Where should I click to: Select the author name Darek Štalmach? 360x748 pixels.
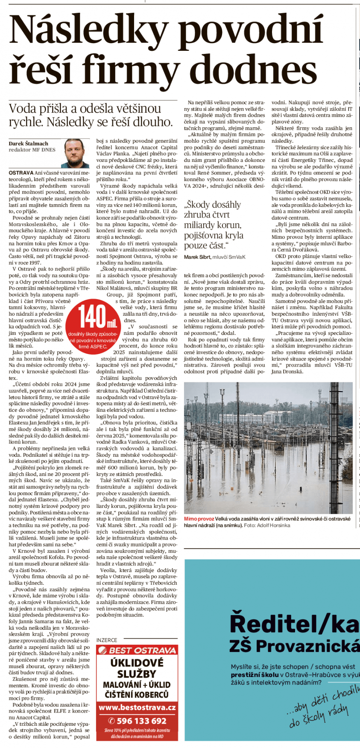click(28, 144)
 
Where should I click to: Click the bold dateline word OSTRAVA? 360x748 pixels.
click(18, 173)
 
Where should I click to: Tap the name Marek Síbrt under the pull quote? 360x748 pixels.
click(199, 257)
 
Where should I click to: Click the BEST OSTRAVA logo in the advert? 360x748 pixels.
click(137, 651)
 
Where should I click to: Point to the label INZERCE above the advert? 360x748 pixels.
click(107, 640)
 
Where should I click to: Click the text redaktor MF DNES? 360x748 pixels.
click(32, 150)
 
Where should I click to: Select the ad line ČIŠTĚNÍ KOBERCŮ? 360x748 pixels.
click(137, 695)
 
